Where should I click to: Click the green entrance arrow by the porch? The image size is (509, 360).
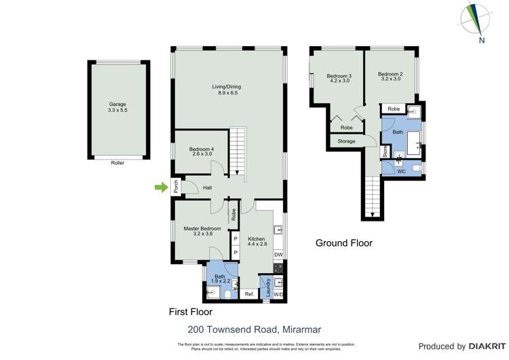pyautogui.click(x=161, y=187)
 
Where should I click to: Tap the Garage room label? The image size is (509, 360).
pyautogui.click(x=117, y=107)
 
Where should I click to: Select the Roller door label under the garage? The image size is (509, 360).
pyautogui.click(x=117, y=163)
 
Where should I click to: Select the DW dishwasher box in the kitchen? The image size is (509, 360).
pyautogui.click(x=278, y=255)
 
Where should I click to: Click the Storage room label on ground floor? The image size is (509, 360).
pyautogui.click(x=346, y=141)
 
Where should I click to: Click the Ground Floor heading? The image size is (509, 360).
pyautogui.click(x=344, y=242)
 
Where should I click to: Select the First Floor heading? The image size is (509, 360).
pyautogui.click(x=191, y=312)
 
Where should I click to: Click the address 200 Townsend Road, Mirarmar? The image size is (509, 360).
pyautogui.click(x=254, y=329)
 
